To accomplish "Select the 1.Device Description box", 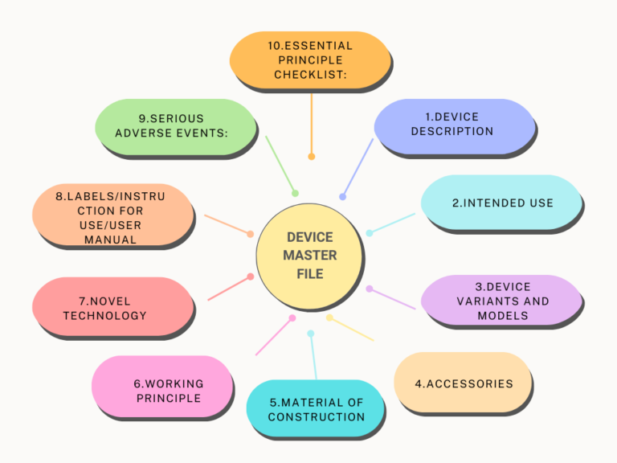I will point(453,125).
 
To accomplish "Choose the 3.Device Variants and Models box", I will point(501,301).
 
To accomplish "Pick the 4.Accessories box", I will point(463,383).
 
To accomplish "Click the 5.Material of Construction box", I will point(315,408).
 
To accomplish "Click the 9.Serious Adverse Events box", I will point(174,125).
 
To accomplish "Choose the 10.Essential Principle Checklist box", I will point(309,59).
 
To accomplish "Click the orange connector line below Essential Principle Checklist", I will point(311,121).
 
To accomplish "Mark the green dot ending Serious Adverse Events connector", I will point(295,193).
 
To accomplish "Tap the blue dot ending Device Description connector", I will point(343,196).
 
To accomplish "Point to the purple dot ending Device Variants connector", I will point(370,288).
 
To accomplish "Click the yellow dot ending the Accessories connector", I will point(329,318).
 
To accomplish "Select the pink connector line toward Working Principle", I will point(273,337).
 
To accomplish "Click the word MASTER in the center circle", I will point(309,256).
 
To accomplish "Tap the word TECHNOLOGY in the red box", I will point(105,315).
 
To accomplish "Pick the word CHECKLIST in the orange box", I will point(309,74).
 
